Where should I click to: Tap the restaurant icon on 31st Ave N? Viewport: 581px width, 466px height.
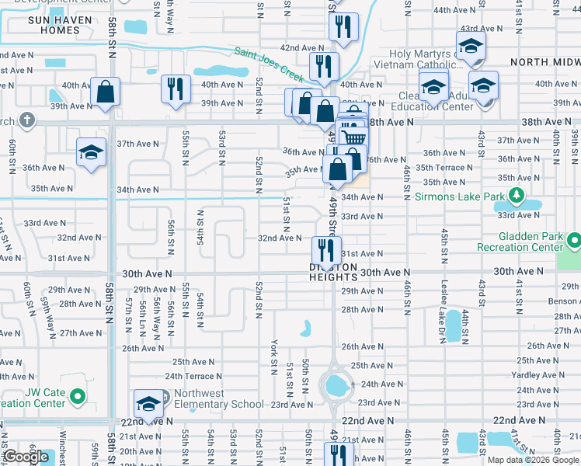click(326, 250)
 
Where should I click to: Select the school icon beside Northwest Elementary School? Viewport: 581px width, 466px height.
click(148, 403)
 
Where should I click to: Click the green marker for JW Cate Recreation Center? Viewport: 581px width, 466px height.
click(77, 398)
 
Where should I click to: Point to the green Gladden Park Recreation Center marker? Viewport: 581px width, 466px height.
click(574, 241)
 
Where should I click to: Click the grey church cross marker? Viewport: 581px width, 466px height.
click(27, 120)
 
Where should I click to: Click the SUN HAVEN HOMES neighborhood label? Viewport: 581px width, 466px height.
click(54, 25)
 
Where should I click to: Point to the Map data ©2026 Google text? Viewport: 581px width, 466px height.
click(533, 460)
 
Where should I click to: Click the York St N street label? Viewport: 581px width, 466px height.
click(274, 350)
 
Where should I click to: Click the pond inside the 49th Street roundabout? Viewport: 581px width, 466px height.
click(336, 384)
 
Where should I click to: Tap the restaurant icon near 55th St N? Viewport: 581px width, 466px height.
click(175, 88)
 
